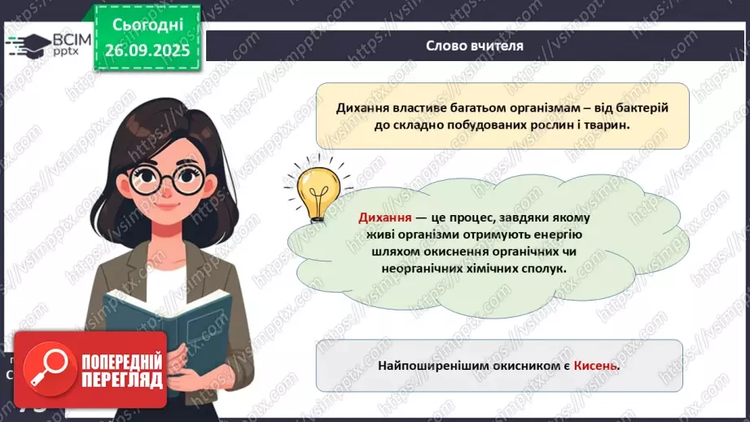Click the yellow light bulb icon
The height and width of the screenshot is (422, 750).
[x=318, y=192]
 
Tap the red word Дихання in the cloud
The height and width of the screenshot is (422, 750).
[x=385, y=219]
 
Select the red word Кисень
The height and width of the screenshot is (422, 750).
[x=597, y=366]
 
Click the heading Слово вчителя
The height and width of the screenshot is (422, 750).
[x=474, y=46]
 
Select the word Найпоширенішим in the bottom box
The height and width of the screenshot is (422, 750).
[x=432, y=366]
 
